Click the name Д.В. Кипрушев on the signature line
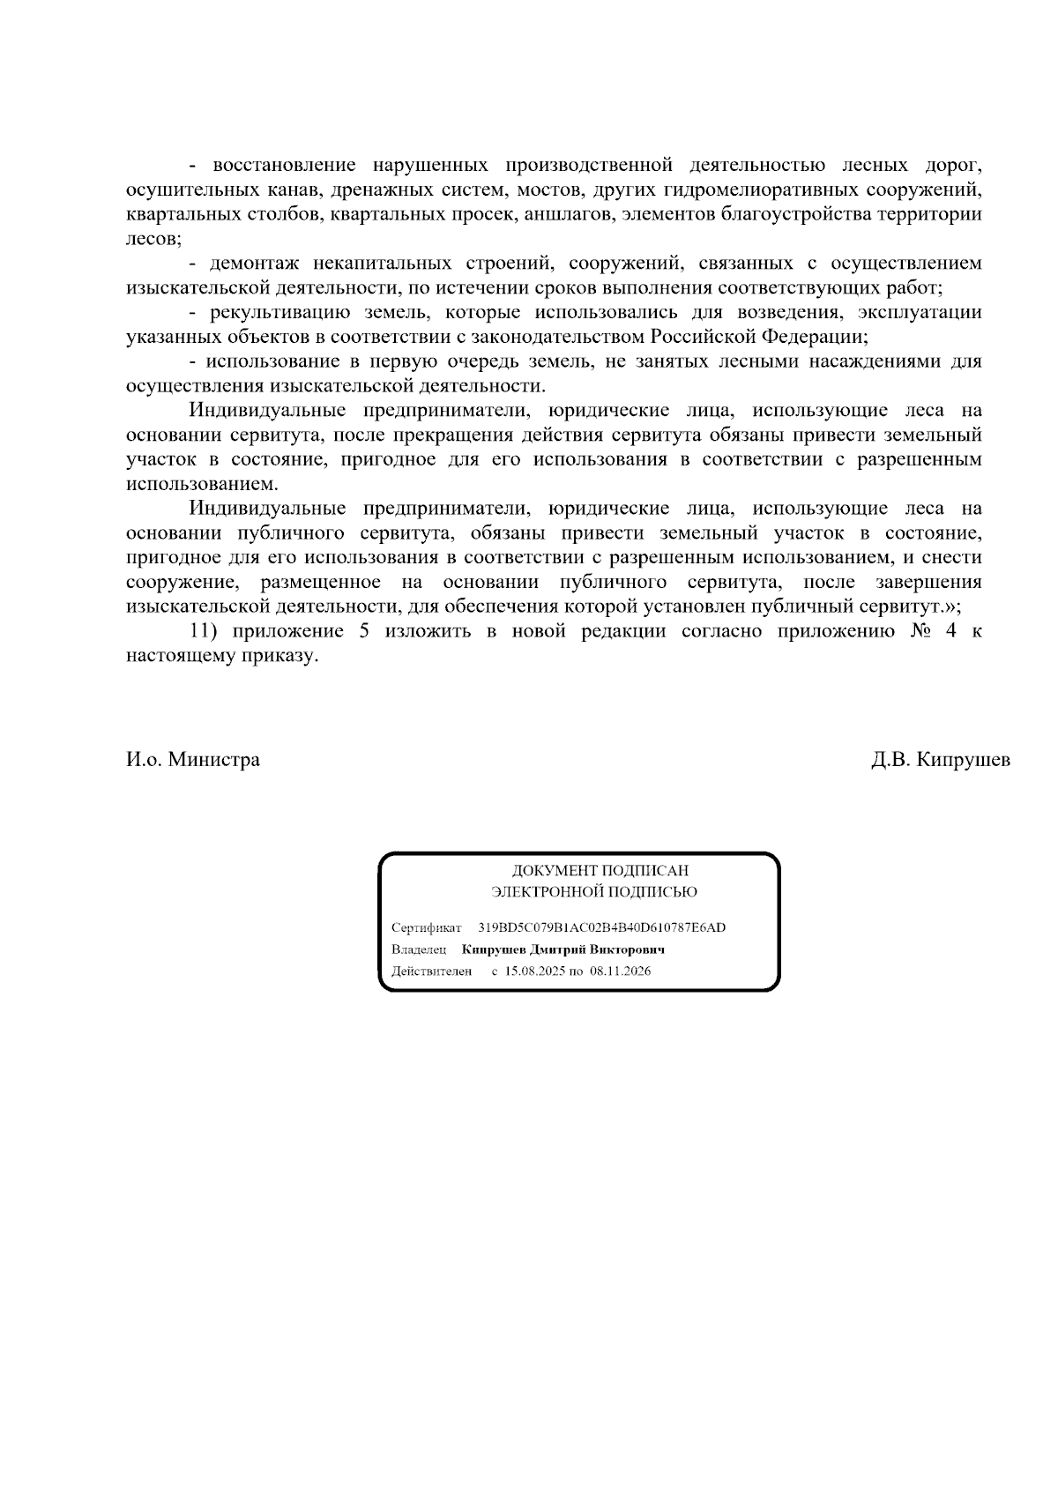point(941,760)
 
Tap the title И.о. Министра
point(192,760)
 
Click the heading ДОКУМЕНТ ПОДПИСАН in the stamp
point(600,871)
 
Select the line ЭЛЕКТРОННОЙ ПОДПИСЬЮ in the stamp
point(593,892)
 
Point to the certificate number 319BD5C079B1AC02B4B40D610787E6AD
point(602,927)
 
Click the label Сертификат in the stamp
point(427,928)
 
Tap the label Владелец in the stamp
point(419,949)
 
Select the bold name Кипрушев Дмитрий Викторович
point(563,949)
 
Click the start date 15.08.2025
point(534,971)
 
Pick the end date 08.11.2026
point(621,971)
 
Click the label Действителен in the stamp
point(432,971)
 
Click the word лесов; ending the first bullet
point(153,239)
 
